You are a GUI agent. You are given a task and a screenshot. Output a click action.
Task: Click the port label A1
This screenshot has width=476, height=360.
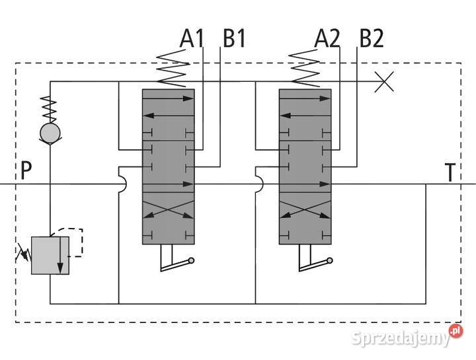coord(191,39)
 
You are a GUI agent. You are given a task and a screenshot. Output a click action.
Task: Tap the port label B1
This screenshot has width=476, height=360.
coord(233,39)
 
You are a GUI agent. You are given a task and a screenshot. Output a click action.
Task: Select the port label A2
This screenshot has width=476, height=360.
coord(327,39)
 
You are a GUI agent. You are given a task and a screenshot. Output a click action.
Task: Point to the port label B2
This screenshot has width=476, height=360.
coord(370,39)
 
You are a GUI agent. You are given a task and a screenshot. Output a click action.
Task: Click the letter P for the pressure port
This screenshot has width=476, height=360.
coord(26,172)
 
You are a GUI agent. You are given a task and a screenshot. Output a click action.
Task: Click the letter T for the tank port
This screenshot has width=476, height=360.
coord(450,173)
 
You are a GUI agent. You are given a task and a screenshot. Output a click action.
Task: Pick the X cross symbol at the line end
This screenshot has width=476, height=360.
coord(384,82)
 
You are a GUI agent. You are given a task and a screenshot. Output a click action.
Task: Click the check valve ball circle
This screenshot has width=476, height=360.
coord(50,133)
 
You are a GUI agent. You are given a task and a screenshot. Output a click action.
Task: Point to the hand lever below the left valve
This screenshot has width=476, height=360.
coord(177,264)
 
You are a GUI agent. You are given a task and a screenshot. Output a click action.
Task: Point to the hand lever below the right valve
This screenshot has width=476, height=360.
coord(313,264)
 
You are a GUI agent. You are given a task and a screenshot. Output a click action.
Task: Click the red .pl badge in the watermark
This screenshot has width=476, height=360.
coord(455,331)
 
